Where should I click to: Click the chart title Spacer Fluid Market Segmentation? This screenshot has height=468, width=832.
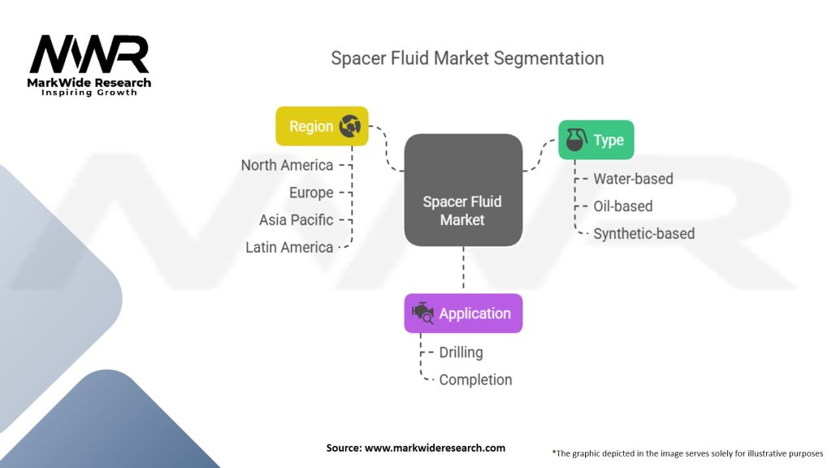pos(467,58)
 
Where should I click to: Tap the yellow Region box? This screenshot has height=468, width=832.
pos(322,126)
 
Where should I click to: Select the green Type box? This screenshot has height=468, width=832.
pos(596,140)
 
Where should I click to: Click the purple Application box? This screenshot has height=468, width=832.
pos(463,314)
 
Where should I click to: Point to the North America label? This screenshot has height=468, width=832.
pos(287,165)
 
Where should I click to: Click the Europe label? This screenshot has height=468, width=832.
pos(311,193)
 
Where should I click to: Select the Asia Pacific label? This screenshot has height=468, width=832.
pos(296,219)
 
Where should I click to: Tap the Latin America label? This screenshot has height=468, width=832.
pos(289,247)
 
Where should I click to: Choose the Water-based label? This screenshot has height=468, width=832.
pos(633,179)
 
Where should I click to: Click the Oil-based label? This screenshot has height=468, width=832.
pos(622,206)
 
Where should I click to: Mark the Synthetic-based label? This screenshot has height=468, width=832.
pos(643,234)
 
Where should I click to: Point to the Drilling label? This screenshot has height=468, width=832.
pos(461,353)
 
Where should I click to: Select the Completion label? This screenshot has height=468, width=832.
pos(475,379)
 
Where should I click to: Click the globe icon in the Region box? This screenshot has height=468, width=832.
pos(350,126)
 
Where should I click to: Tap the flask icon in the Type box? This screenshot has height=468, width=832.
pos(576,141)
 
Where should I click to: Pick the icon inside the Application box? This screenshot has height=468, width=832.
pos(422,314)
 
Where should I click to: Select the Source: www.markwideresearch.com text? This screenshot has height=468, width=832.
pos(415,448)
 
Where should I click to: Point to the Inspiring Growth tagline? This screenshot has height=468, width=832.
pos(89,93)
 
